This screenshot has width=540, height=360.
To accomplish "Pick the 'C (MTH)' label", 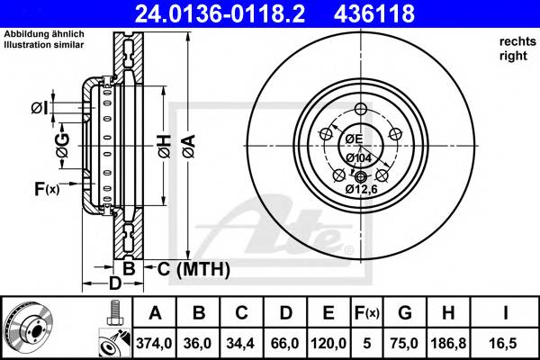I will pos(193,269).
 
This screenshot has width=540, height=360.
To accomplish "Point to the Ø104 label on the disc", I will pos(359,157).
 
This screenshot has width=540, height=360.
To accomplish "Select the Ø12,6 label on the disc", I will pos(361,189).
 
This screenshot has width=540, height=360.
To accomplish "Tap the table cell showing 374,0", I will pos(154,342).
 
